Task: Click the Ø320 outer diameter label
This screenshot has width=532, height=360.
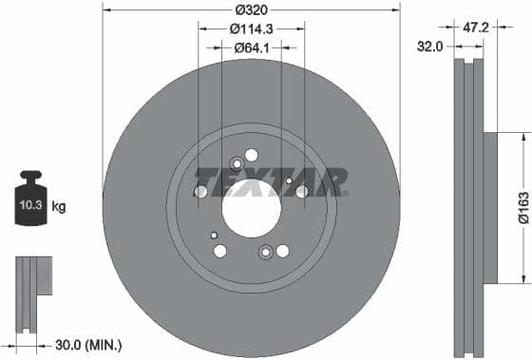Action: (251, 9)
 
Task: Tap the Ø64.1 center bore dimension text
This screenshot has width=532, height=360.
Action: (251, 49)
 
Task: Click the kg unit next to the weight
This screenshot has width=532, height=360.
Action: (60, 205)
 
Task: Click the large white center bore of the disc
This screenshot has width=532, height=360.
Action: (252, 207)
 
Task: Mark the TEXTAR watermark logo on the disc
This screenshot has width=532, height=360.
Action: (271, 181)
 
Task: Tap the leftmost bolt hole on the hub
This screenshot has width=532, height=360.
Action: (200, 192)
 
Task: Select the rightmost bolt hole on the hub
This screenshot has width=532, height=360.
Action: (302, 192)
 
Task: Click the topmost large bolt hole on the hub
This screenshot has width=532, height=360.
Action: (251, 155)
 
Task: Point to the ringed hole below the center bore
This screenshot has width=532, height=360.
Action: (266, 252)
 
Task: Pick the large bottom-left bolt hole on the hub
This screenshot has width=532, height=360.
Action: (220, 251)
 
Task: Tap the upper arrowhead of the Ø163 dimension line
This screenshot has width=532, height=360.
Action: (522, 138)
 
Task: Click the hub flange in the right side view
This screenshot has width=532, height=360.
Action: (489, 207)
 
